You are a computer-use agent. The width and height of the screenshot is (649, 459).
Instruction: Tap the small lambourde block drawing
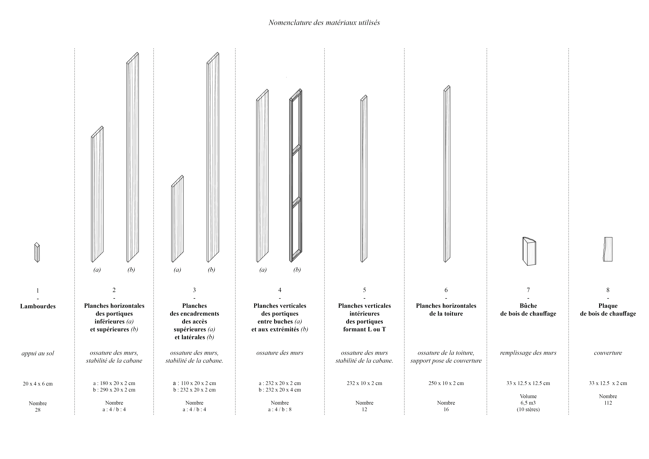pyautogui.click(x=37, y=252)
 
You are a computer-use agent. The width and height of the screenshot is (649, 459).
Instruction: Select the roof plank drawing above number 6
pyautogui.click(x=447, y=174)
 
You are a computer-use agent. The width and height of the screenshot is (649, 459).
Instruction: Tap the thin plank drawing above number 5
pyautogui.click(x=364, y=179)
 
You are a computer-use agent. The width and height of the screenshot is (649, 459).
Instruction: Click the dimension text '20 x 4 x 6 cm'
pyautogui.click(x=38, y=384)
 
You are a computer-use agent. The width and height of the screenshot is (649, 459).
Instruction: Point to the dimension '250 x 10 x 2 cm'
pyautogui.click(x=446, y=383)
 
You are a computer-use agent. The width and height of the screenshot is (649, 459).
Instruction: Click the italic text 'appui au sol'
pyautogui.click(x=38, y=353)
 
